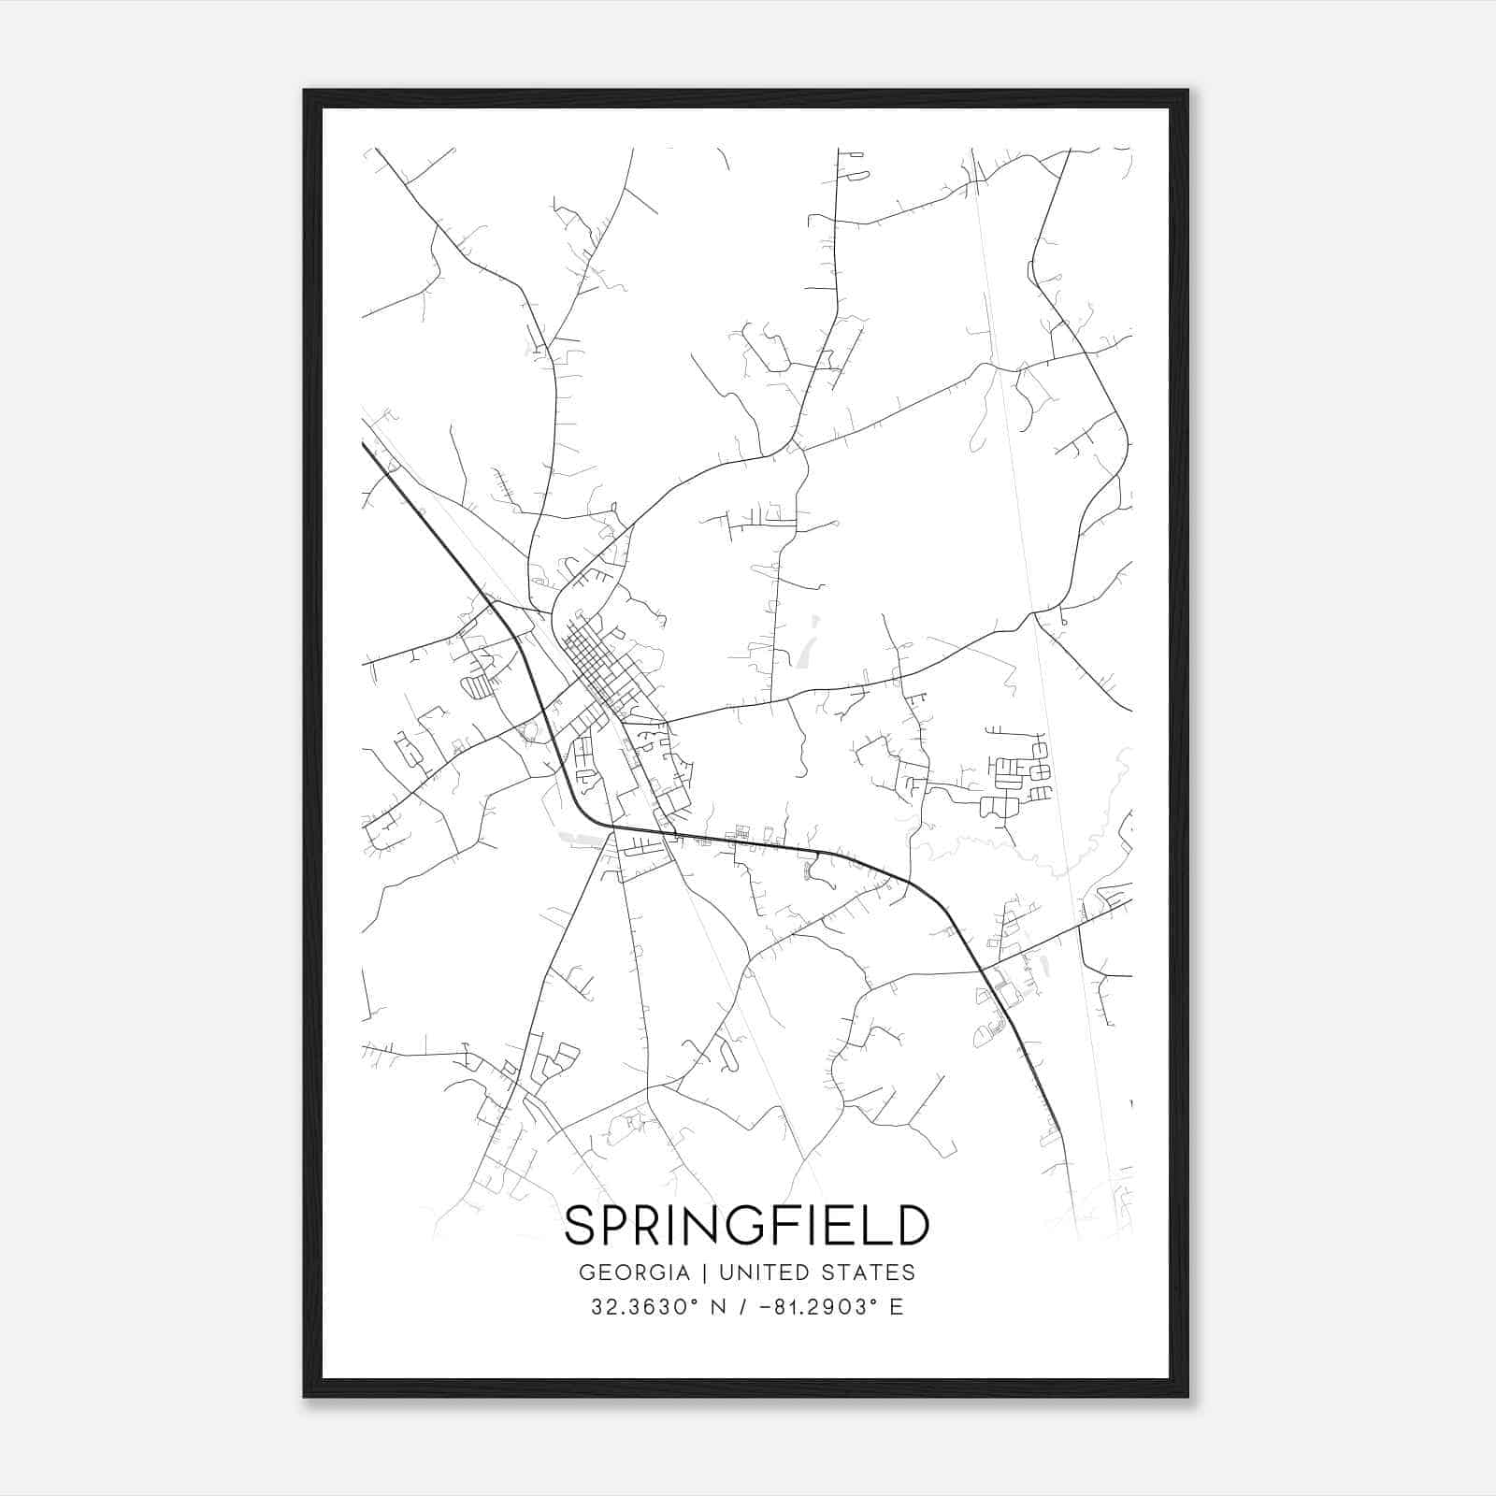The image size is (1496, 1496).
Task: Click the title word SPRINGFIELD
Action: pos(747,1225)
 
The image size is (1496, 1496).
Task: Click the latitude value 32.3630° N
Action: pos(654,1307)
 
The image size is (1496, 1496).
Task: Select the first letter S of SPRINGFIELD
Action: pos(581,1225)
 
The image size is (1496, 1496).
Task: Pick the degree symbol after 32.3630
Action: pos(697,1301)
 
